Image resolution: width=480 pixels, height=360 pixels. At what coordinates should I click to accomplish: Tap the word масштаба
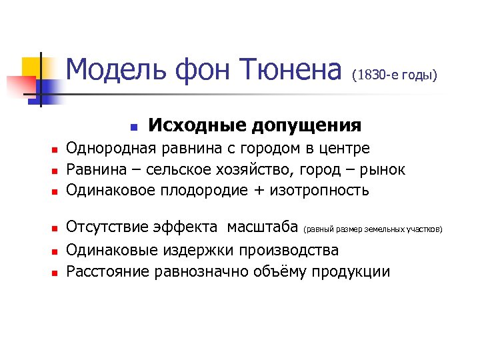(x=263, y=228)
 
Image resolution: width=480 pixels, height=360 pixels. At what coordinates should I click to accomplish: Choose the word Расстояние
(x=108, y=271)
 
